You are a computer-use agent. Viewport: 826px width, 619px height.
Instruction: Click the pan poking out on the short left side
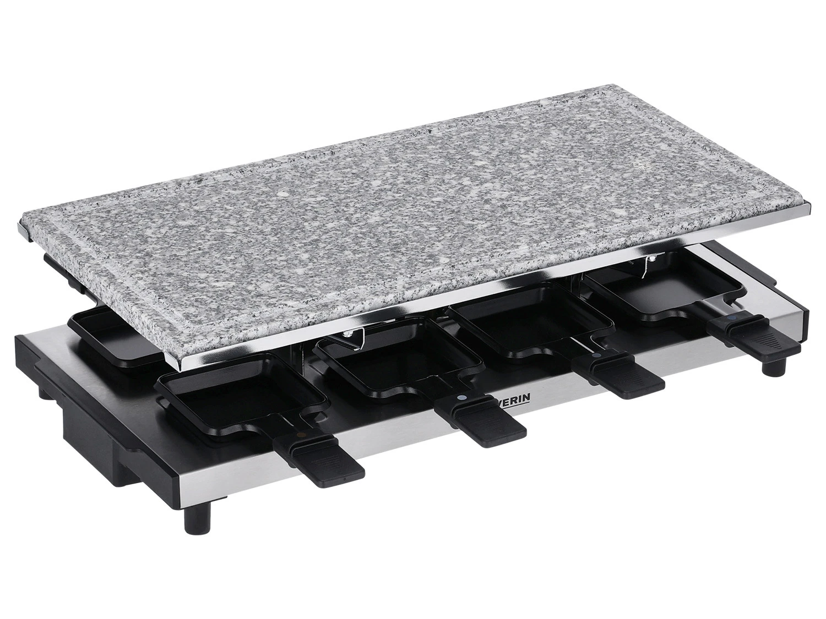click(x=110, y=336)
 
